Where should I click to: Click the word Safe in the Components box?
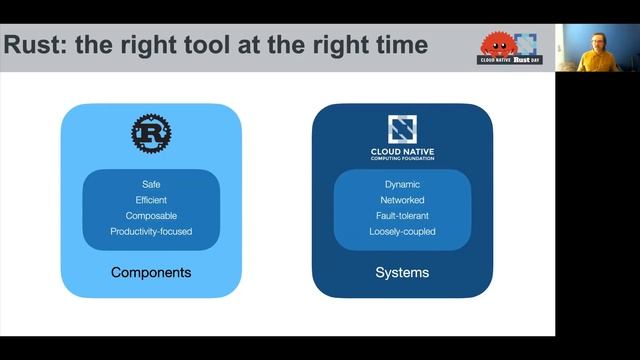point(151,184)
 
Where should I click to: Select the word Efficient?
point(151,200)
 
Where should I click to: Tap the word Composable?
point(151,216)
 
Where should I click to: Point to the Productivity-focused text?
point(151,232)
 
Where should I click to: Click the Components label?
point(151,272)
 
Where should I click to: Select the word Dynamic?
point(402,184)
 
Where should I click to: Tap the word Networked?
point(402,200)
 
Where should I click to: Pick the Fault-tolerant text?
point(402,216)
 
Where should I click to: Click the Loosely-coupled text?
point(402,232)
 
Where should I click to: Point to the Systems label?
point(402,272)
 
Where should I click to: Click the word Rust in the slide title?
point(34,45)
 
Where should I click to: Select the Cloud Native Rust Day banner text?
point(509,60)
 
